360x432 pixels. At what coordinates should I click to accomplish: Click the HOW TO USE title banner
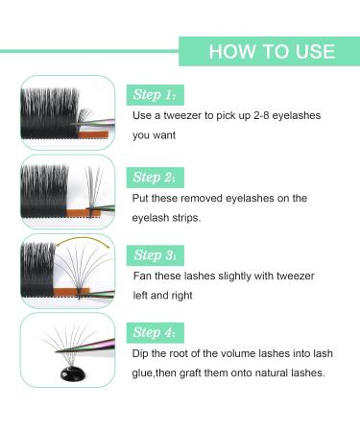[271, 50]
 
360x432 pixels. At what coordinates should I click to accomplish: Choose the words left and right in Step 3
[162, 296]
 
